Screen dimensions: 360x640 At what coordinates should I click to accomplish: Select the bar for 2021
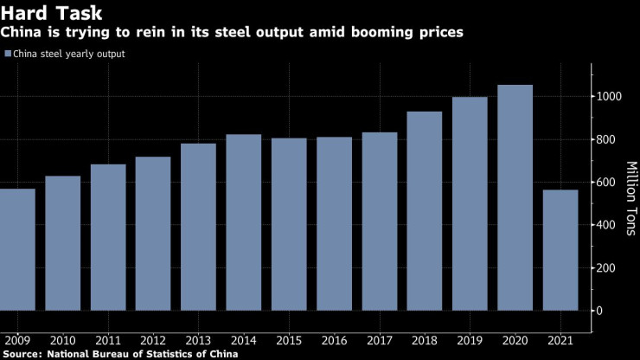(x=560, y=250)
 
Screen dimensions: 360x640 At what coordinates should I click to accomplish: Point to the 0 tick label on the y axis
(x=598, y=311)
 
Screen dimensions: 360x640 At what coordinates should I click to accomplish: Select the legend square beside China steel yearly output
(x=7, y=54)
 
